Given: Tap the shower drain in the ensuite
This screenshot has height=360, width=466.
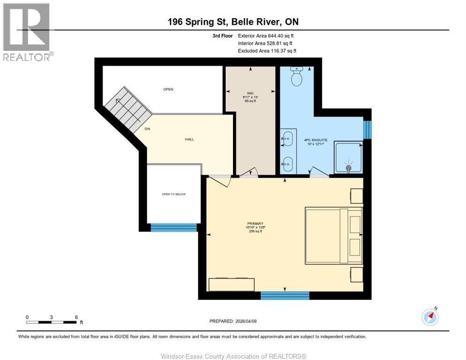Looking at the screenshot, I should (x=348, y=167).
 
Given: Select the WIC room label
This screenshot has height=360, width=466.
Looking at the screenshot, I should (x=250, y=93).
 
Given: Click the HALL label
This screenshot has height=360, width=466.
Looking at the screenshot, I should (x=189, y=139).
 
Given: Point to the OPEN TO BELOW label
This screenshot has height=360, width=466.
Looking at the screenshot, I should (x=174, y=194).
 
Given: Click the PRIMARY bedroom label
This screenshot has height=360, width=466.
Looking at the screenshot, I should (x=256, y=224).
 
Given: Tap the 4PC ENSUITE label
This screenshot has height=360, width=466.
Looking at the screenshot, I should (x=316, y=139).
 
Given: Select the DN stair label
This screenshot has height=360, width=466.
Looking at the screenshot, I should (x=147, y=129).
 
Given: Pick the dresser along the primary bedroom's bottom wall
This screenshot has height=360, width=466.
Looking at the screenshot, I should (x=232, y=285).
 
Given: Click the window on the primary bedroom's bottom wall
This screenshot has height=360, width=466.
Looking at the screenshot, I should (x=285, y=295).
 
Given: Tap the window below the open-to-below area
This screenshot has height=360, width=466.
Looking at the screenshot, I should (x=174, y=227).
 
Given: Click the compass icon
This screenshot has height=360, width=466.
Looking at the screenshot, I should (x=430, y=317).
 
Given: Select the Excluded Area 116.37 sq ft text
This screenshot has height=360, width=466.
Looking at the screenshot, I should (x=267, y=51).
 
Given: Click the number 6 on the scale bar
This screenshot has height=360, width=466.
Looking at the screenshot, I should (x=76, y=317).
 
